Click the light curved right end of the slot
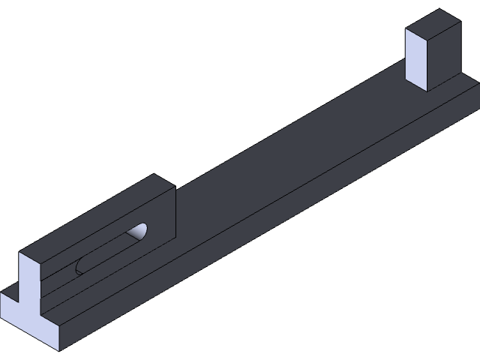coord(140,232)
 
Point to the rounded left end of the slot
coord(80,266)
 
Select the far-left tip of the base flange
coord(1,292)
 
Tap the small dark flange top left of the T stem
coord(10,289)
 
